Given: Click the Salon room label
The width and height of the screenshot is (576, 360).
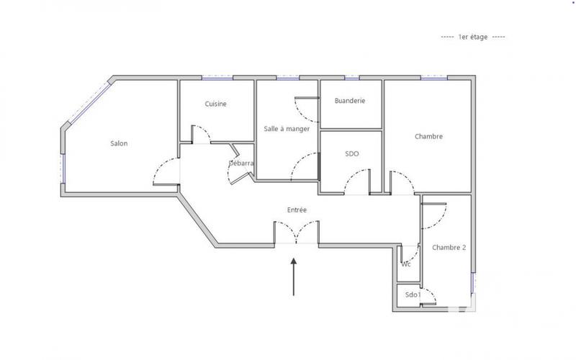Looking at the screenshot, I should (119, 143).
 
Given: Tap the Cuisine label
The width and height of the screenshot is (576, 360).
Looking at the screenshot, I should (215, 104).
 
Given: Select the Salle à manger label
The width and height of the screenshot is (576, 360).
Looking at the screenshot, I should (287, 129).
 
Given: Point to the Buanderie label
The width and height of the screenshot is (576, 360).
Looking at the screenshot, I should (350, 101).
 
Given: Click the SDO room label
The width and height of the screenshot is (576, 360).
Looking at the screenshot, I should (352, 153).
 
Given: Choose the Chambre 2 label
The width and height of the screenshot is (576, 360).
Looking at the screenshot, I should (449, 248).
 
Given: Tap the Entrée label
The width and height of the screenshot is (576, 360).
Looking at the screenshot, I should (297, 210).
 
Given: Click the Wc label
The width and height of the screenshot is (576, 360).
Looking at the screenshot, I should (406, 264).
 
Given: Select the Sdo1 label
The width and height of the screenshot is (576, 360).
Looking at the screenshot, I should (412, 295).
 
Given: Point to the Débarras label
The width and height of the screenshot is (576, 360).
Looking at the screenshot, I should (241, 163).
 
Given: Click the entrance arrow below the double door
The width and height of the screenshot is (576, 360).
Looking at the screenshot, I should (294, 277).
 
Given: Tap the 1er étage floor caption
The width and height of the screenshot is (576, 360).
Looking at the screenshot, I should (472, 37).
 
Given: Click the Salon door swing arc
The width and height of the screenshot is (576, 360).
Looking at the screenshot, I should (165, 171).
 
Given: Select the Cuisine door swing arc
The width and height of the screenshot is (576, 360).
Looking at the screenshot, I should (201, 133).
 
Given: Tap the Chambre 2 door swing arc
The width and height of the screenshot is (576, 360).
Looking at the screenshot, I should (436, 212).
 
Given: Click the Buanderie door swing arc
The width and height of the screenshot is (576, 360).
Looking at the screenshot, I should (305, 112).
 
